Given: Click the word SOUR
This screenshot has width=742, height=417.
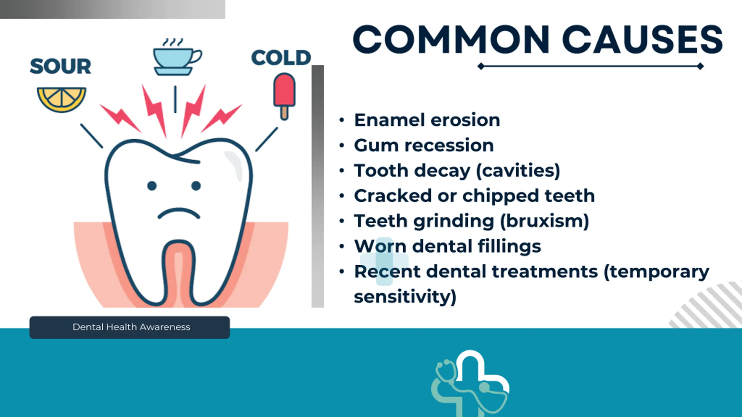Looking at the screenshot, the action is click(x=61, y=66).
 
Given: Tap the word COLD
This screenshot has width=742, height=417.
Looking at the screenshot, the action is click(x=281, y=57).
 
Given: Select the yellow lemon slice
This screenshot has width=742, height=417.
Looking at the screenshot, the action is click(x=61, y=99).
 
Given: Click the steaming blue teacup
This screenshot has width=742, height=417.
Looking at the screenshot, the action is click(x=177, y=57).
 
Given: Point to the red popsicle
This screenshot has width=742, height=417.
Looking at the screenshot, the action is click(x=284, y=96).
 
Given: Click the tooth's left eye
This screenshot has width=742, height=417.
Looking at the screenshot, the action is click(x=152, y=186).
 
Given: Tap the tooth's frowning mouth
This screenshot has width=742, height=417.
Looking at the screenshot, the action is click(x=179, y=213).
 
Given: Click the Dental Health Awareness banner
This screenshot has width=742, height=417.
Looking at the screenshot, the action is click(x=130, y=327).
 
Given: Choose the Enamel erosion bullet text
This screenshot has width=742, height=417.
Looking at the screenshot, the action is click(x=427, y=120).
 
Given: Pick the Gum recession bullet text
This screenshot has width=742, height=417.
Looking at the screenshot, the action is click(x=424, y=145).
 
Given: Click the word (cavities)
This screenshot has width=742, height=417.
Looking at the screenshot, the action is click(x=518, y=171).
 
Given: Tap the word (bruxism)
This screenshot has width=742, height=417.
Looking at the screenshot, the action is click(x=545, y=221).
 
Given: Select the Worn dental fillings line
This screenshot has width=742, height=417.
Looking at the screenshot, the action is click(x=448, y=247).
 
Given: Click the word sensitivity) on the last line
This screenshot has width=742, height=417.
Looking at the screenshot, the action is click(x=405, y=297).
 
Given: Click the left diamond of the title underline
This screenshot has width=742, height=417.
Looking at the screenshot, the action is click(x=481, y=66).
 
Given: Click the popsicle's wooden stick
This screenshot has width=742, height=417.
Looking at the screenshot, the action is click(x=284, y=113).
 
